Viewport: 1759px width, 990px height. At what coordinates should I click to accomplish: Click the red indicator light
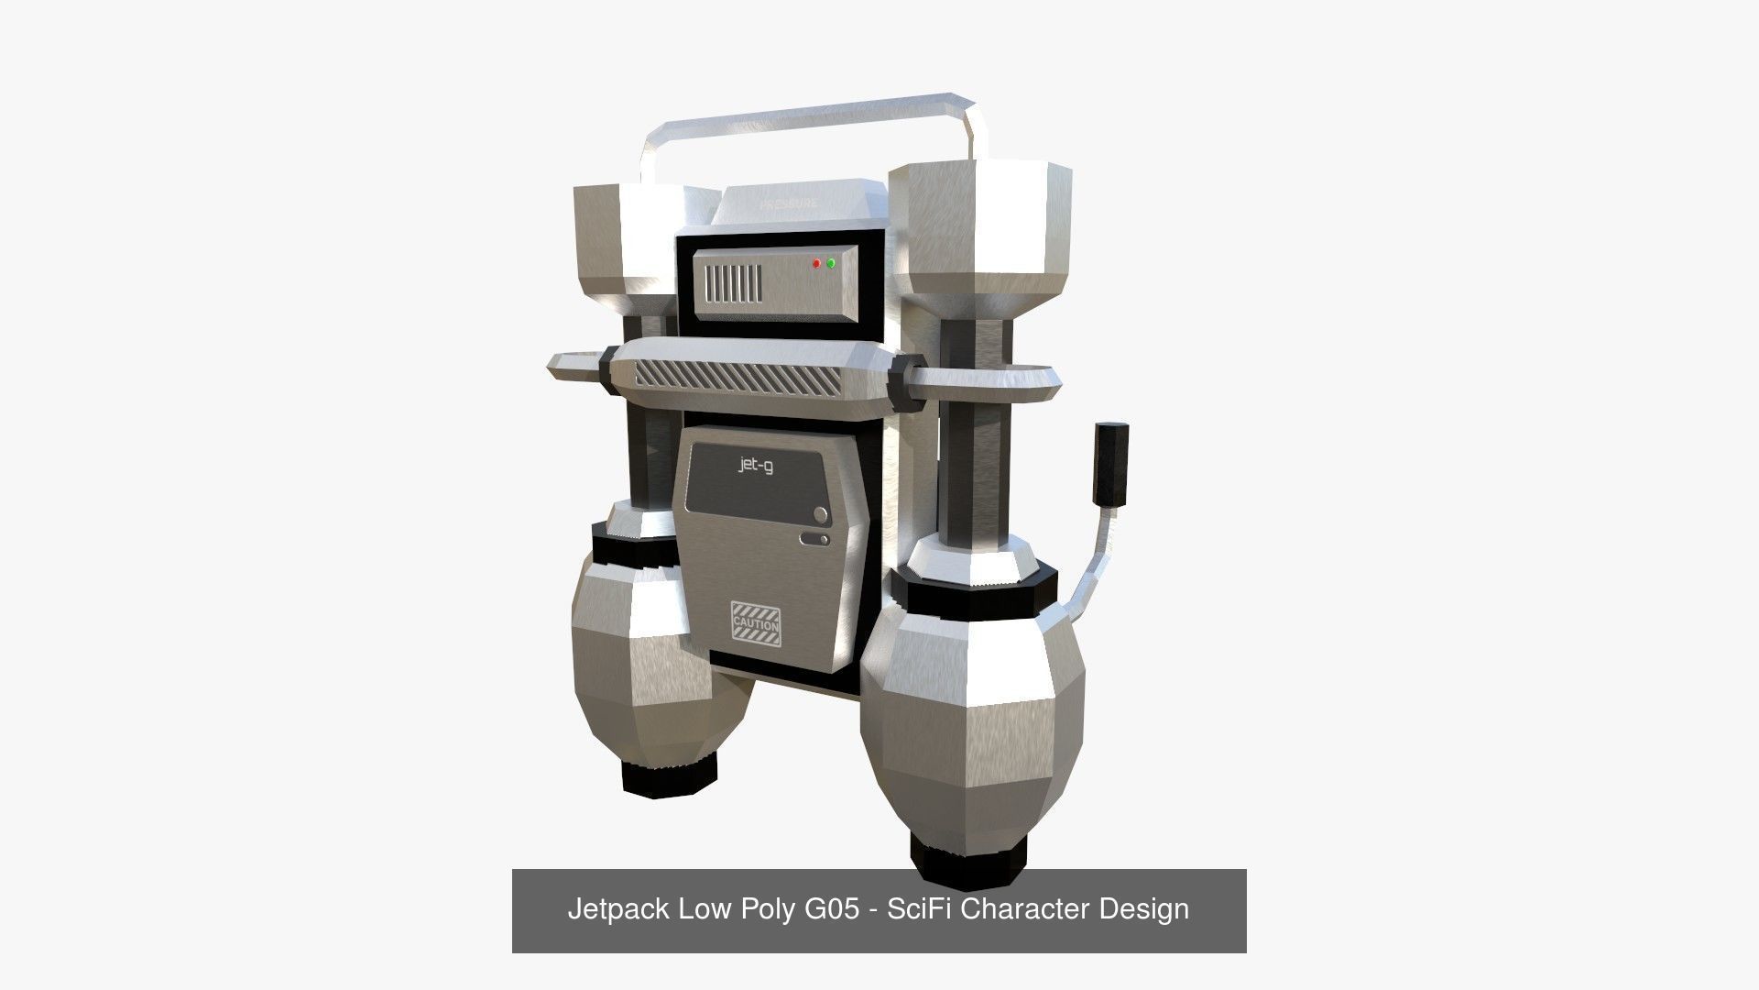tap(816, 264)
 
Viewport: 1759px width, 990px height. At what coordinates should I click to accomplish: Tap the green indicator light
tap(831, 263)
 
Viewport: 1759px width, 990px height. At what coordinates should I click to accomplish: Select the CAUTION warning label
tap(756, 624)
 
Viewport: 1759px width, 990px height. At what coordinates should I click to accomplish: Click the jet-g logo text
tap(756, 465)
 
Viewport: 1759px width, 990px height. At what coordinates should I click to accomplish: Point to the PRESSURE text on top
tap(788, 203)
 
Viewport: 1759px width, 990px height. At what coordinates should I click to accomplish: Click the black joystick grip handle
tap(1112, 464)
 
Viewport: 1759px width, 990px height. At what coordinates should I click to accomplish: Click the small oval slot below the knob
tap(815, 538)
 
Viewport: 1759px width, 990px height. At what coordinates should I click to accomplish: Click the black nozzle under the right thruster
tap(967, 854)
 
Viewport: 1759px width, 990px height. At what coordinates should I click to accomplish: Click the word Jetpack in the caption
tap(618, 910)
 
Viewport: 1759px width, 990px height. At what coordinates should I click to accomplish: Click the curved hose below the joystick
tap(1096, 568)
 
